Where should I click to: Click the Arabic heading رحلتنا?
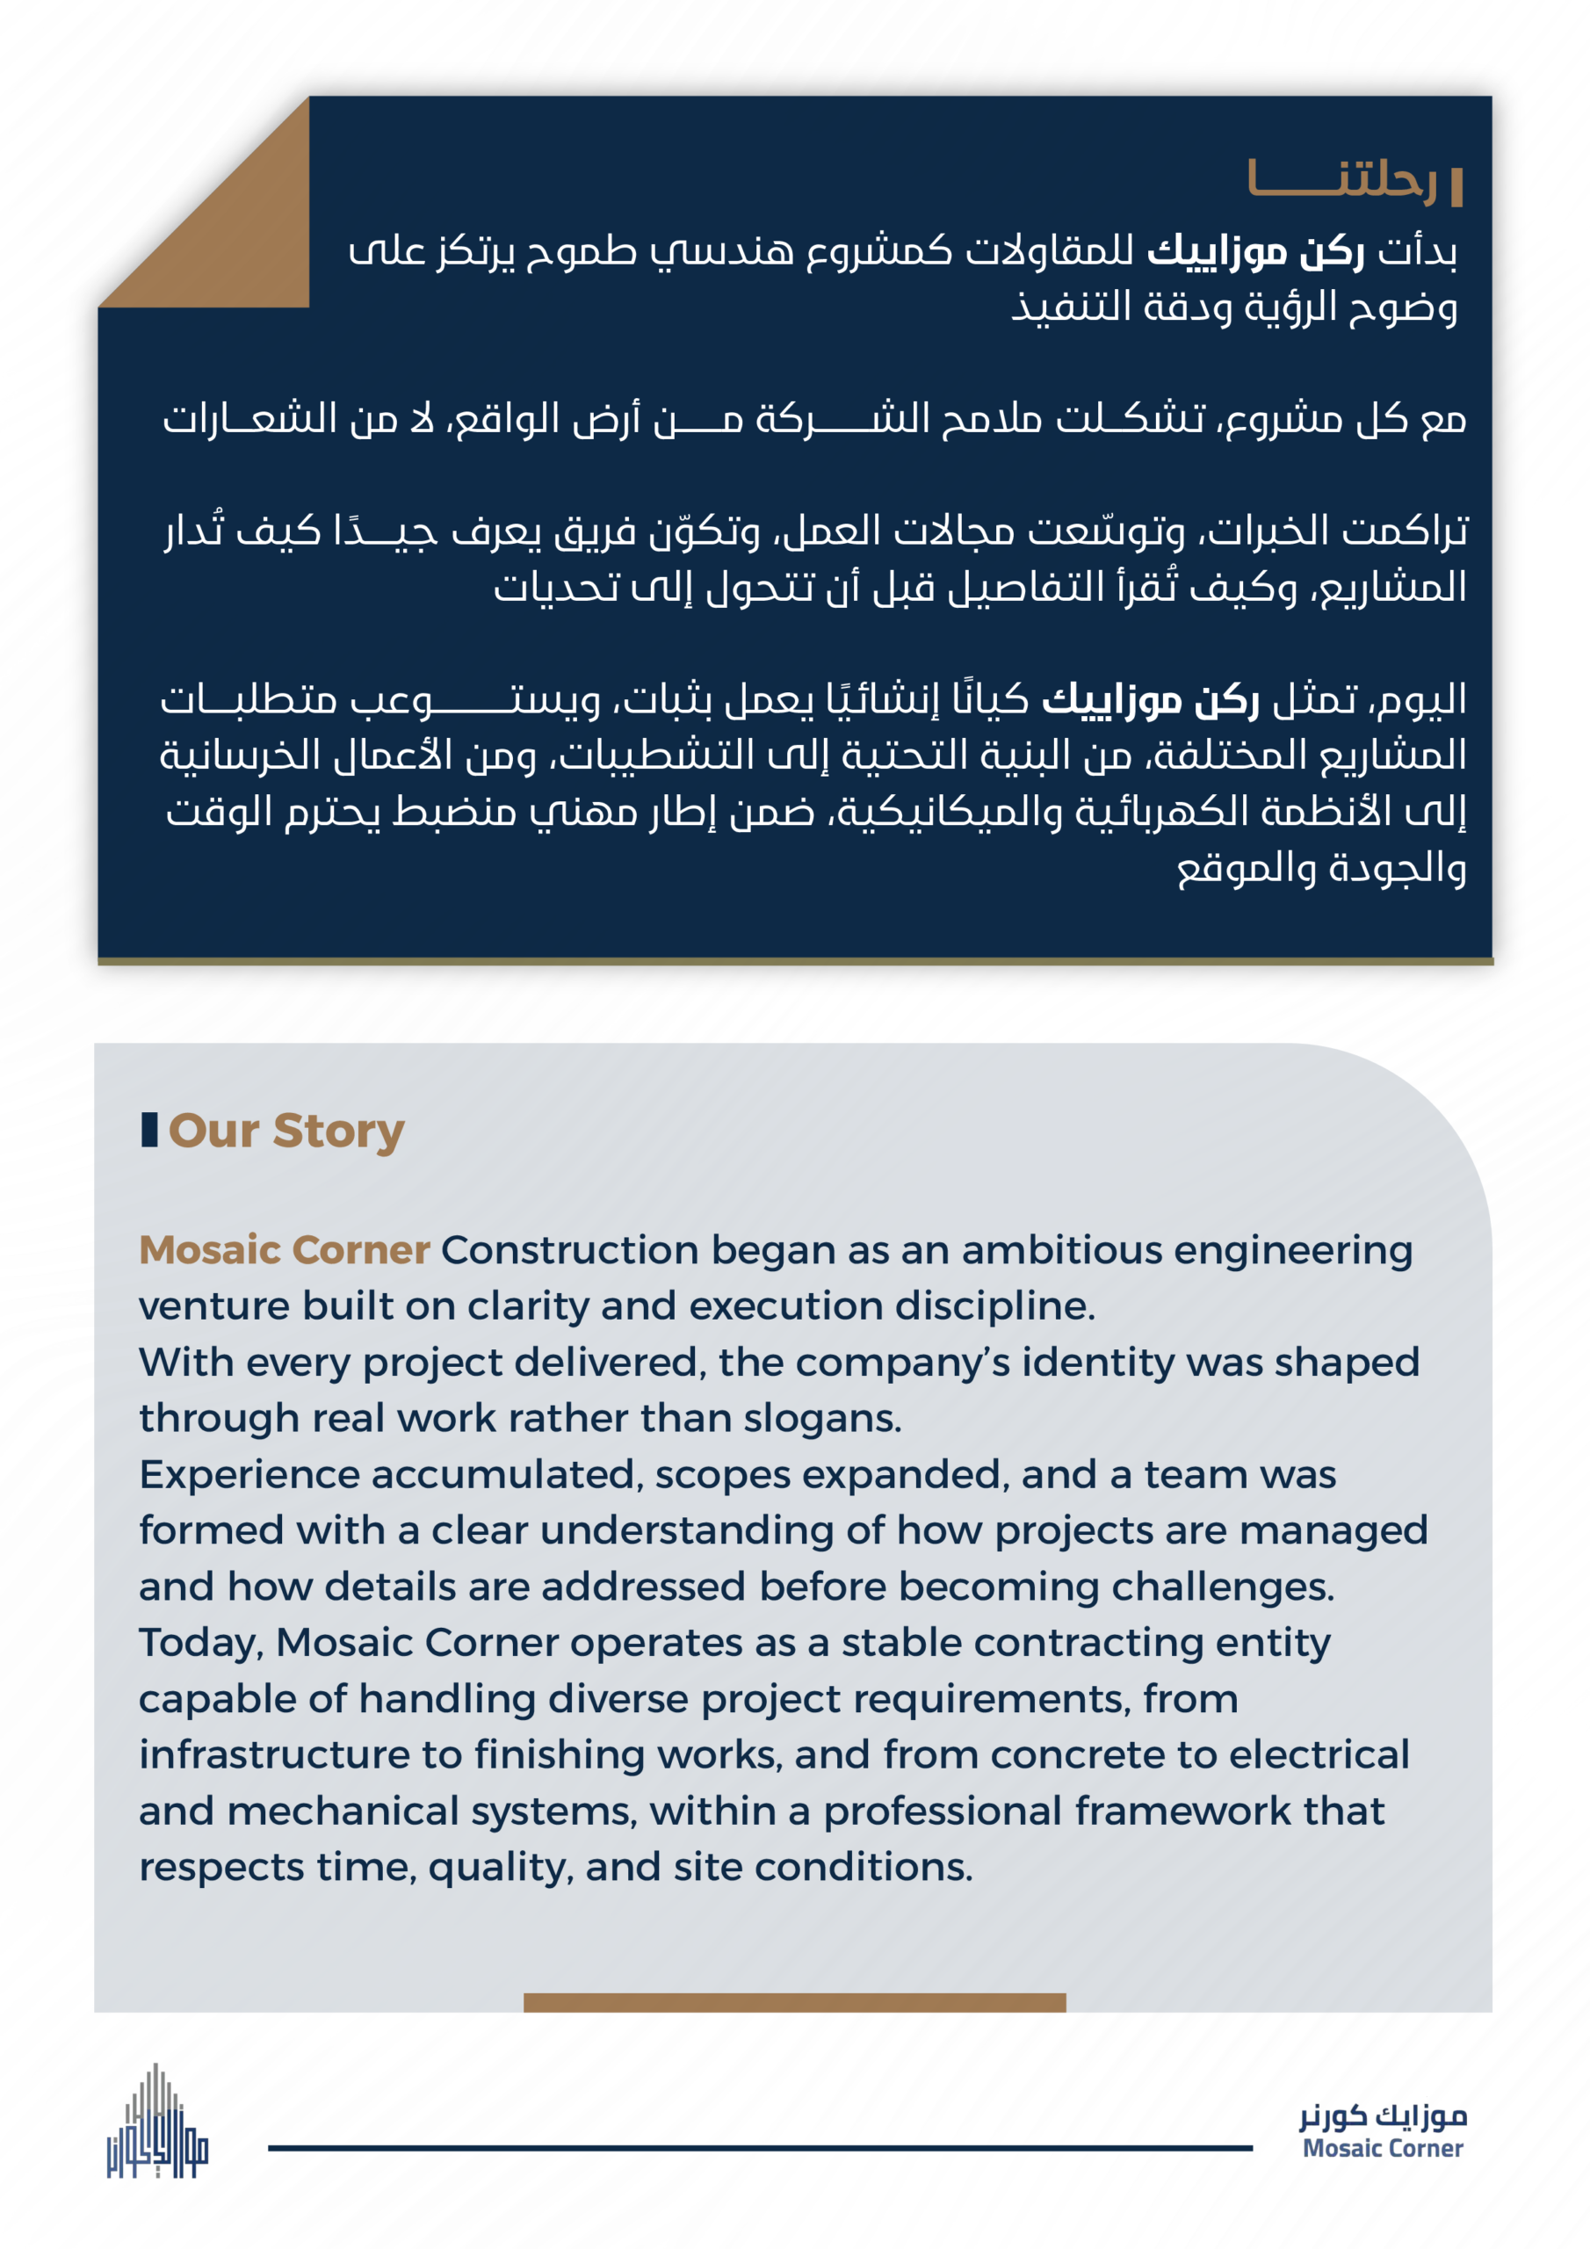(x=1341, y=181)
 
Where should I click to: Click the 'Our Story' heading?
(x=286, y=1131)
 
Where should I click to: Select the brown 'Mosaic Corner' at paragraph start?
(x=284, y=1250)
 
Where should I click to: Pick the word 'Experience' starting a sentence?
(x=248, y=1475)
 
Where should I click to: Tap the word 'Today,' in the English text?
(x=201, y=1643)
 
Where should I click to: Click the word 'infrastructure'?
(x=273, y=1754)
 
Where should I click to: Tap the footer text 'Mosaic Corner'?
(x=1383, y=2149)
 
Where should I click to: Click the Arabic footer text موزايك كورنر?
(x=1383, y=2118)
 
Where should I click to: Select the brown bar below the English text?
(x=793, y=2002)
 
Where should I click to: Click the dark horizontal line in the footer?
(x=759, y=2148)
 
